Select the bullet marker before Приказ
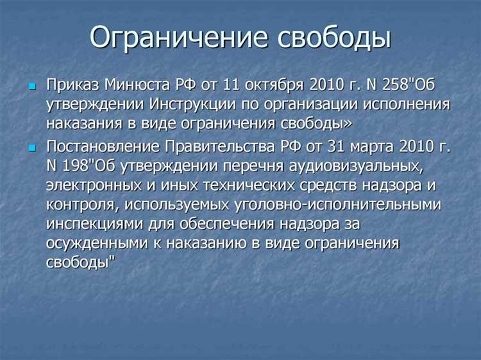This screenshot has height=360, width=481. tap(33, 86)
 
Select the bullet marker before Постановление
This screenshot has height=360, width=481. tap(33, 148)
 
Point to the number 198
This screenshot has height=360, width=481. tap(77, 167)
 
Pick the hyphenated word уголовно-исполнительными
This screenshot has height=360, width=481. tap(341, 206)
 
